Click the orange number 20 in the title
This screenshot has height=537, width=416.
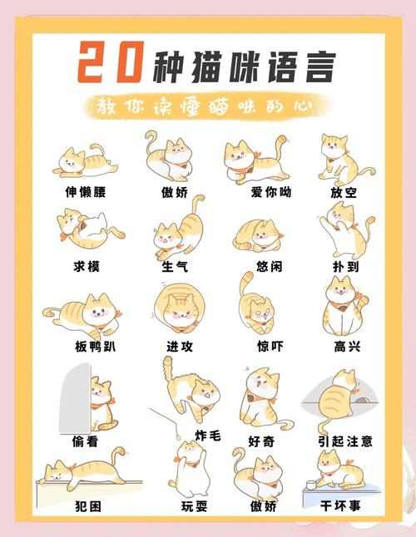pyautogui.click(x=111, y=62)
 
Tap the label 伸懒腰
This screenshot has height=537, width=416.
pyautogui.click(x=86, y=192)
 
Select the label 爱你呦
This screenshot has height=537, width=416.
pyautogui.click(x=271, y=192)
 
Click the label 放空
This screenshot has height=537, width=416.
pyautogui.click(x=344, y=192)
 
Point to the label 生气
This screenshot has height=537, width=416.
pyautogui.click(x=175, y=266)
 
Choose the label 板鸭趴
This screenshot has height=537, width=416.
pyautogui.click(x=95, y=347)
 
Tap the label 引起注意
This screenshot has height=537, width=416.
pyautogui.click(x=345, y=441)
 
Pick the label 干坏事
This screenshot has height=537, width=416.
pyautogui.click(x=340, y=505)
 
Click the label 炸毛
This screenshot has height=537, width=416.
pyautogui.click(x=208, y=436)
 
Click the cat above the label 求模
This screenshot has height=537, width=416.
pyautogui.click(x=91, y=228)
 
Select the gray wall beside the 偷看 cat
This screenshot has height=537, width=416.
pyautogui.click(x=76, y=398)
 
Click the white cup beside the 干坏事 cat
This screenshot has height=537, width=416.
pyautogui.click(x=311, y=485)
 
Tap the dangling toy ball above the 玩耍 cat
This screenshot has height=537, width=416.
pyautogui.click(x=178, y=437)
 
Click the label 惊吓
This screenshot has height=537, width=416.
pyautogui.click(x=270, y=347)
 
